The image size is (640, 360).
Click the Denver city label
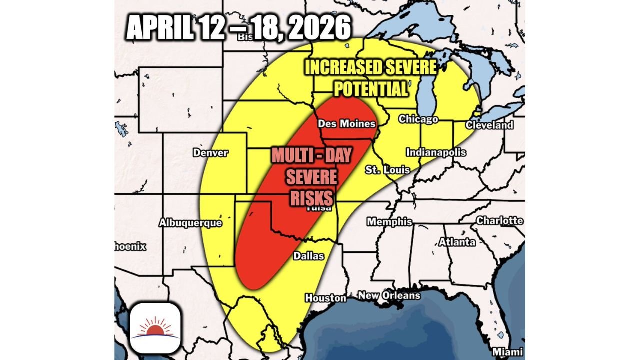pyautogui.click(x=210, y=153)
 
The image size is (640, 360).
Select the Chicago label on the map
pyautogui.click(x=418, y=119)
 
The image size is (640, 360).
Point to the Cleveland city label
pyautogui.click(x=489, y=125)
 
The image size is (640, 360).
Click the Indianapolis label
pyautogui.click(x=436, y=152)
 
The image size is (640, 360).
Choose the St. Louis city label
pyautogui.click(x=387, y=170)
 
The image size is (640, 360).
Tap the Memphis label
pyautogui.click(x=390, y=222)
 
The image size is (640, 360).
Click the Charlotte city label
pyautogui.click(x=500, y=220)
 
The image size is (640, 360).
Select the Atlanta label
pyautogui.click(x=457, y=243)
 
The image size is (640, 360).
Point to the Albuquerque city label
pyautogui.click(x=190, y=223)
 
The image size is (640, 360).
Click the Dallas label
pyautogui.click(x=308, y=256)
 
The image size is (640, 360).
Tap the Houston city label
pyautogui.click(x=326, y=298)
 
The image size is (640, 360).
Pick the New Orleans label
pyautogui.click(x=389, y=296)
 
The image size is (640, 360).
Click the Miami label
pyautogui.click(x=508, y=351)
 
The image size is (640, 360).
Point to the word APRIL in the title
pyautogui.click(x=160, y=29)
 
